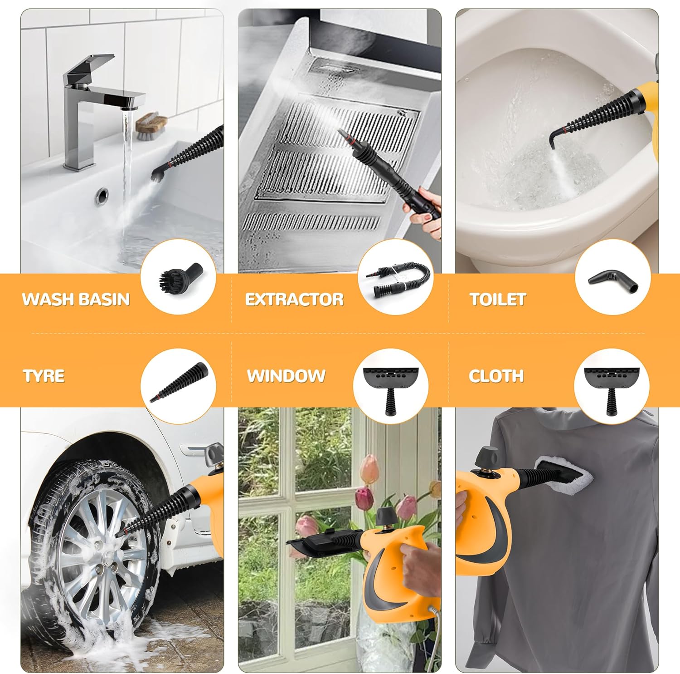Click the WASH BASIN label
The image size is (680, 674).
click(76, 300)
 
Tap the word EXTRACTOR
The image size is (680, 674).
click(294, 300)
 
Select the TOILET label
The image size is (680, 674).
click(497, 300)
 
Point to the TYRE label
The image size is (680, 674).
click(44, 376)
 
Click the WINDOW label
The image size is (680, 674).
click(286, 376)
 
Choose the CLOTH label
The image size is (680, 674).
click(496, 376)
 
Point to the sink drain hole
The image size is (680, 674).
click(102, 196)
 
